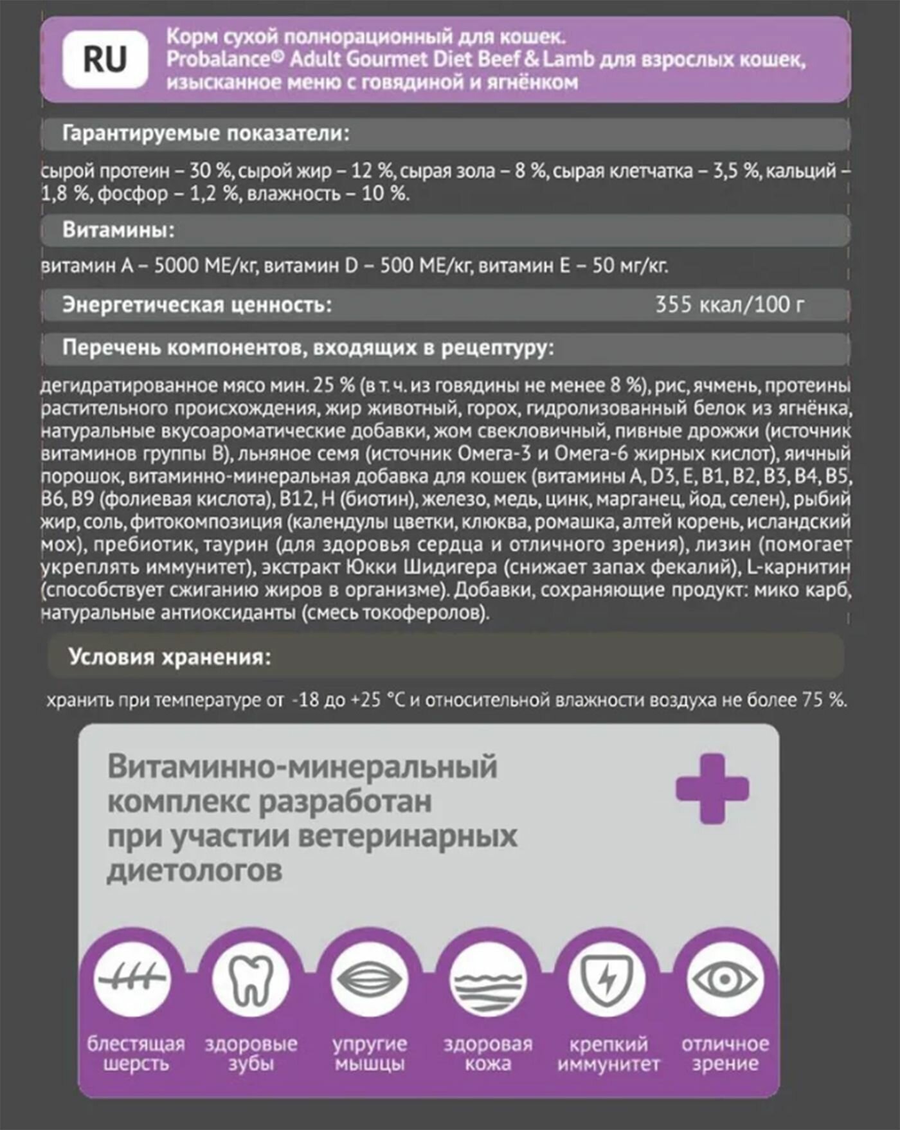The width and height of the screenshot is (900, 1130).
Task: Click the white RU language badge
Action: (x=105, y=60)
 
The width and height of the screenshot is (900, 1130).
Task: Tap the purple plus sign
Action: (x=712, y=788)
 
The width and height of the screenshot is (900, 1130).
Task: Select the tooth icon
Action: (x=251, y=980)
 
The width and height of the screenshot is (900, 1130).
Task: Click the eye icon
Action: (x=724, y=980)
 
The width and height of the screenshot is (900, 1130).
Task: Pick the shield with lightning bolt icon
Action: (x=607, y=980)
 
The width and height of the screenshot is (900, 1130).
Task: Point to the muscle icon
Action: (x=370, y=980)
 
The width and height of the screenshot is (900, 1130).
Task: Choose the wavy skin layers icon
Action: (x=488, y=980)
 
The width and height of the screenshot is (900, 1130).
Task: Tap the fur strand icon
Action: (x=133, y=980)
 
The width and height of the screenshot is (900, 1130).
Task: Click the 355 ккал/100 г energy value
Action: (x=729, y=304)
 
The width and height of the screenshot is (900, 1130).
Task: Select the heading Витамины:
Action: (x=118, y=230)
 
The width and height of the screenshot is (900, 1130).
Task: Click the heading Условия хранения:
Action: (x=170, y=657)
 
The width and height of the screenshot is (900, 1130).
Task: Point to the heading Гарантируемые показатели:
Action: (x=206, y=134)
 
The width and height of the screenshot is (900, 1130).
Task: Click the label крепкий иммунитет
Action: (x=608, y=1053)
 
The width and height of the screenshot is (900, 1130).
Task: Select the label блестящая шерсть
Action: (x=136, y=1053)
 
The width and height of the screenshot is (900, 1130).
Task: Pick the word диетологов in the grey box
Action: (x=195, y=871)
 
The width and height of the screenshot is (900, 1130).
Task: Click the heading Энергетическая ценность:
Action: (x=197, y=304)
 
